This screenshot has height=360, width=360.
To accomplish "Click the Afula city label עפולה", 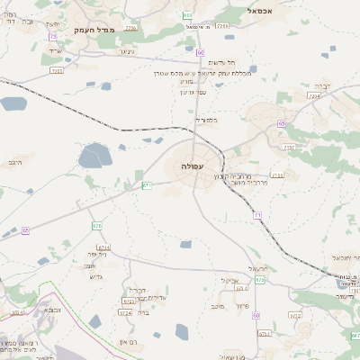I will click(x=193, y=167).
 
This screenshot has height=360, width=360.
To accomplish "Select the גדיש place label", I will click(x=97, y=276).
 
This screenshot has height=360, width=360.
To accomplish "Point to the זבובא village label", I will click(x=53, y=309).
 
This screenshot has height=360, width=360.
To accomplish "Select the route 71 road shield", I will click(x=257, y=215).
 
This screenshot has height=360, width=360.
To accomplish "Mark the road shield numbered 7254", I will click(x=314, y=94).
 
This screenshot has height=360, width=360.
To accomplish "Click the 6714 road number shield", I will click(x=104, y=247).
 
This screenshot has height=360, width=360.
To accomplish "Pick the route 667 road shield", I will click(x=355, y=335).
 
